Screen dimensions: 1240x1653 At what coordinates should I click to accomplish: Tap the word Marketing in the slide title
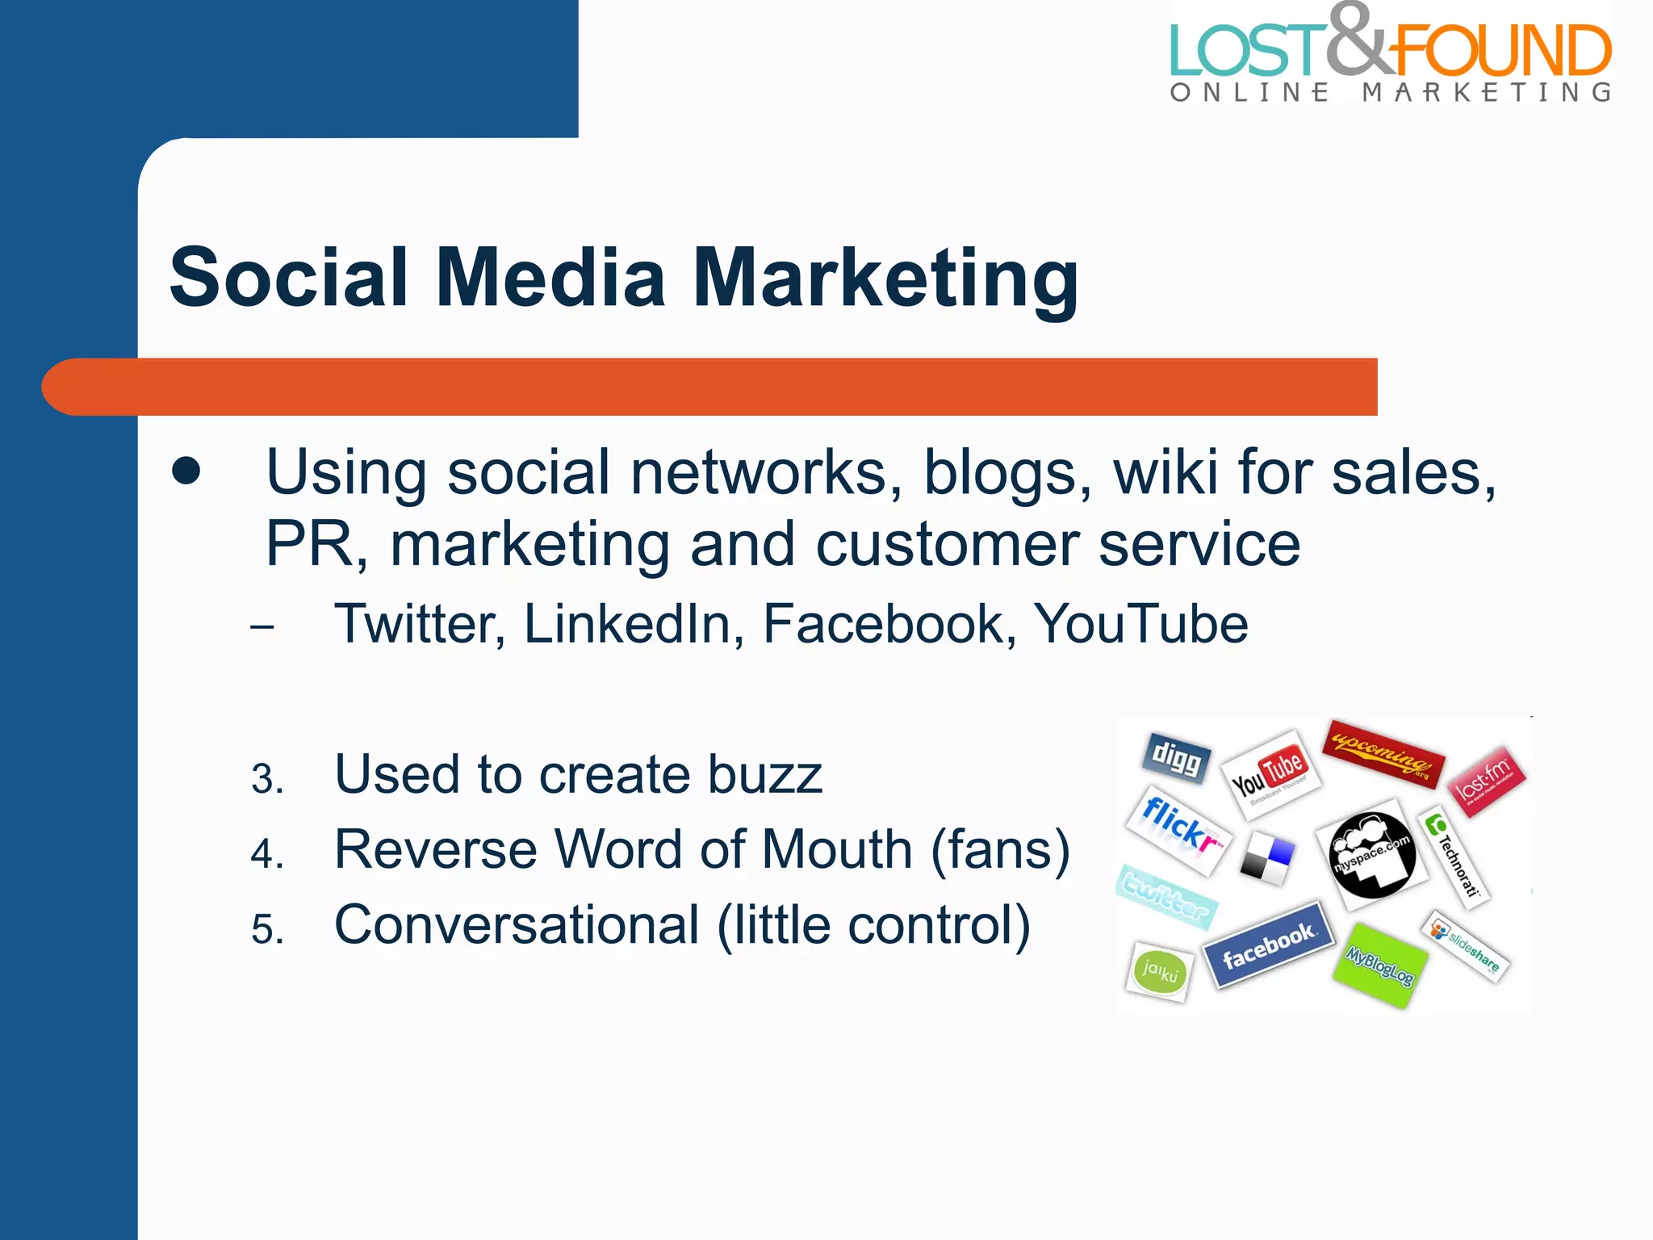[885, 279]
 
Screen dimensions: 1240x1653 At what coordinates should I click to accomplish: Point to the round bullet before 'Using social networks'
[186, 471]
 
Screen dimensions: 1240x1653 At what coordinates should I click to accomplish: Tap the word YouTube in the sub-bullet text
[1140, 624]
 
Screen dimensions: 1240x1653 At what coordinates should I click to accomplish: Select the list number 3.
[267, 779]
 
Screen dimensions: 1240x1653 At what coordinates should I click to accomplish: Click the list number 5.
[267, 929]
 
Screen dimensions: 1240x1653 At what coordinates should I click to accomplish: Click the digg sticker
[1177, 757]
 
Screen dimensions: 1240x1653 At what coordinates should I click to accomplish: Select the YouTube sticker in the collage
[1270, 773]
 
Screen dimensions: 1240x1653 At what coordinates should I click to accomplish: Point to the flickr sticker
[1178, 828]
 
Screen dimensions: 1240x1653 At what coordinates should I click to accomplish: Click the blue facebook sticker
[1268, 945]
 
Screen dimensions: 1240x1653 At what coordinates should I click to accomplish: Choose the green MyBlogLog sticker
[1379, 965]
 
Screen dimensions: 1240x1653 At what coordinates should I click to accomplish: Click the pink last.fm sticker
[1487, 781]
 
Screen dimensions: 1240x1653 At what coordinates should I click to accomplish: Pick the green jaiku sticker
[1160, 971]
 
